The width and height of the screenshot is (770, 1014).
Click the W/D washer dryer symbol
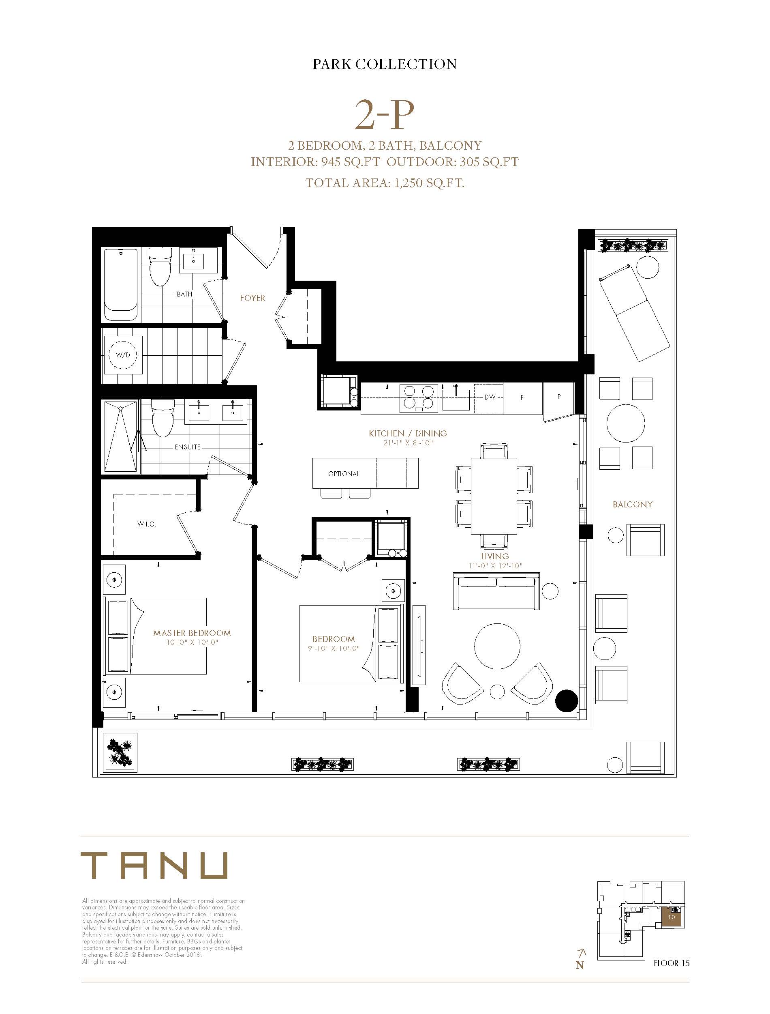coord(123,355)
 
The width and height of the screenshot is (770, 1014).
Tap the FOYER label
coord(252,298)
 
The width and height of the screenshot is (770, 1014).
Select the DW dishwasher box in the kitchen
coord(489,397)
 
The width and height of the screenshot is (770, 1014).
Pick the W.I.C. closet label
coord(147,524)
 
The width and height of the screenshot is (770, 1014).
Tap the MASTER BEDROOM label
coord(192,633)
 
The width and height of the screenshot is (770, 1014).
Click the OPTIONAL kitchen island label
coord(344,474)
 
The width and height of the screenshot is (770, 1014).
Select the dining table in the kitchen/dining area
coord(494,496)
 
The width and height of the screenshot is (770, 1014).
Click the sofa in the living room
coord(496,591)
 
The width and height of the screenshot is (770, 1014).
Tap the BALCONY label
coord(633,505)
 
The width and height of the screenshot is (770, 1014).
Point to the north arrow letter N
coord(580,965)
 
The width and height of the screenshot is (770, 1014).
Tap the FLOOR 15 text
coord(672,963)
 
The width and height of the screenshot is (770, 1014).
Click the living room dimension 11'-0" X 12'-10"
coord(495,566)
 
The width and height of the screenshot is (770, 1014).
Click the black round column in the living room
coord(567,700)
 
